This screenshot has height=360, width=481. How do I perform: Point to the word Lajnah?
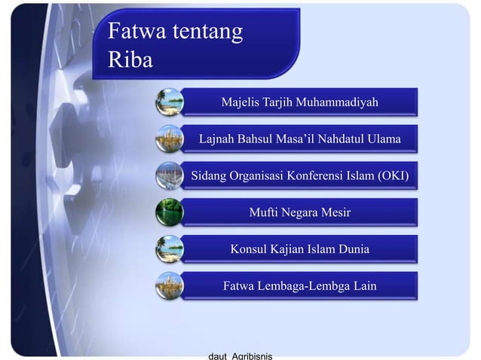pyautogui.click(x=219, y=139)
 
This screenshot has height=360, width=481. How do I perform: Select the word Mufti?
pyautogui.click(x=265, y=212)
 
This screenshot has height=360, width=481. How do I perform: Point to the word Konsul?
pyautogui.click(x=250, y=249)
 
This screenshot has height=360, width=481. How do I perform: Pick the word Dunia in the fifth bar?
pyautogui.click(x=351, y=249)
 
